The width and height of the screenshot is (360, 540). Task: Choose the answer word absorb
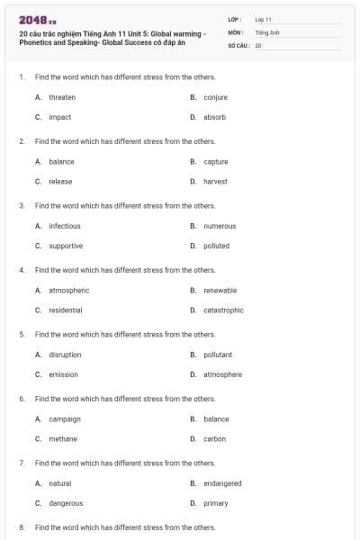click(214, 117)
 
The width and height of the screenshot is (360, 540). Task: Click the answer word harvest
click(215, 181)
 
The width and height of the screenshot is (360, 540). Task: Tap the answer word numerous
click(220, 226)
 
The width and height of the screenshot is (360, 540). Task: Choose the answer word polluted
click(216, 246)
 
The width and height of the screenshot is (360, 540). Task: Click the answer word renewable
click(220, 291)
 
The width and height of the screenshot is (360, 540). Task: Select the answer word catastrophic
click(223, 310)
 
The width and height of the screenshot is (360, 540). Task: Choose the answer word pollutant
click(218, 355)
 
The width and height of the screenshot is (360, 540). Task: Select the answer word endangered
click(222, 483)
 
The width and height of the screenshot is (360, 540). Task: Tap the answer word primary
click(216, 503)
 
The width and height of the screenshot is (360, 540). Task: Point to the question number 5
click(22, 334)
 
